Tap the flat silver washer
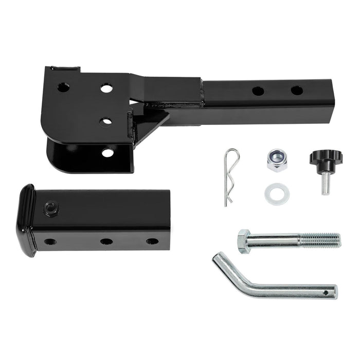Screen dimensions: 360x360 point(277,193)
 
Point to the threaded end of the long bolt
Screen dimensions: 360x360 point(320,239)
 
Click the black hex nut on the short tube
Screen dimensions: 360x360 point(51,208)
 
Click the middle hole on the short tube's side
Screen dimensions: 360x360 point(106,241)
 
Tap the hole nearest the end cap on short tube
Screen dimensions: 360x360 point(50,241)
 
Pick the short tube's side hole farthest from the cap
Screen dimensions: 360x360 point(152,241)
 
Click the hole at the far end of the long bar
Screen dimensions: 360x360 point(297,91)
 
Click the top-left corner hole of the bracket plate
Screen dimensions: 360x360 point(63,87)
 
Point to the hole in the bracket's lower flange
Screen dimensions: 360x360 point(107,152)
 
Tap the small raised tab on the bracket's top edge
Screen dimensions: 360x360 point(69,69)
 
